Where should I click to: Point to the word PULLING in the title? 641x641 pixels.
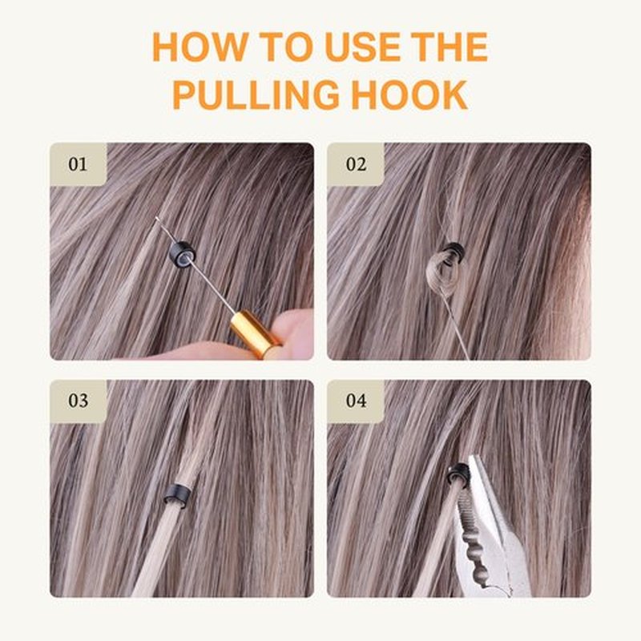point(256,95)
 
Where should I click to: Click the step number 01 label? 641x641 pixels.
point(78,164)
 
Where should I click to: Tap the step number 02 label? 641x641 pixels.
point(356,164)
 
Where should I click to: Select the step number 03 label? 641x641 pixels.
point(78,401)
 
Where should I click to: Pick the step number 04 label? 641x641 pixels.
point(356,401)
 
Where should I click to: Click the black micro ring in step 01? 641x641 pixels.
point(183,254)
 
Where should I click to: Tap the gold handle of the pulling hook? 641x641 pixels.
point(255,334)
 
